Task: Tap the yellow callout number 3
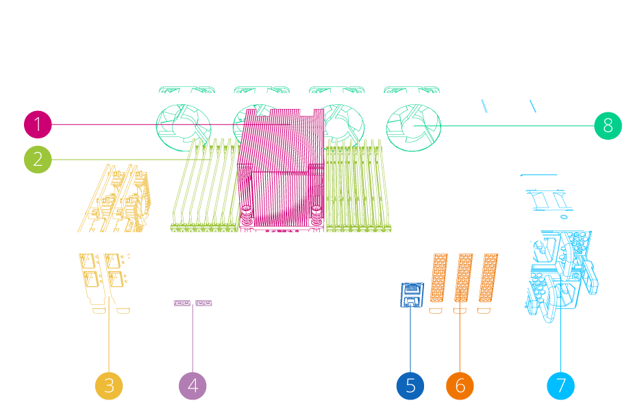109,386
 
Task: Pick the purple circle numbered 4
193,386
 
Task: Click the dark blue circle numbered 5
410,386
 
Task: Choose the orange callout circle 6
460,386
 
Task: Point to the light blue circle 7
561,386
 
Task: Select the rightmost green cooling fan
412,126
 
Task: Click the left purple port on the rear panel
182,303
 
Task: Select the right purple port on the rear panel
204,303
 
